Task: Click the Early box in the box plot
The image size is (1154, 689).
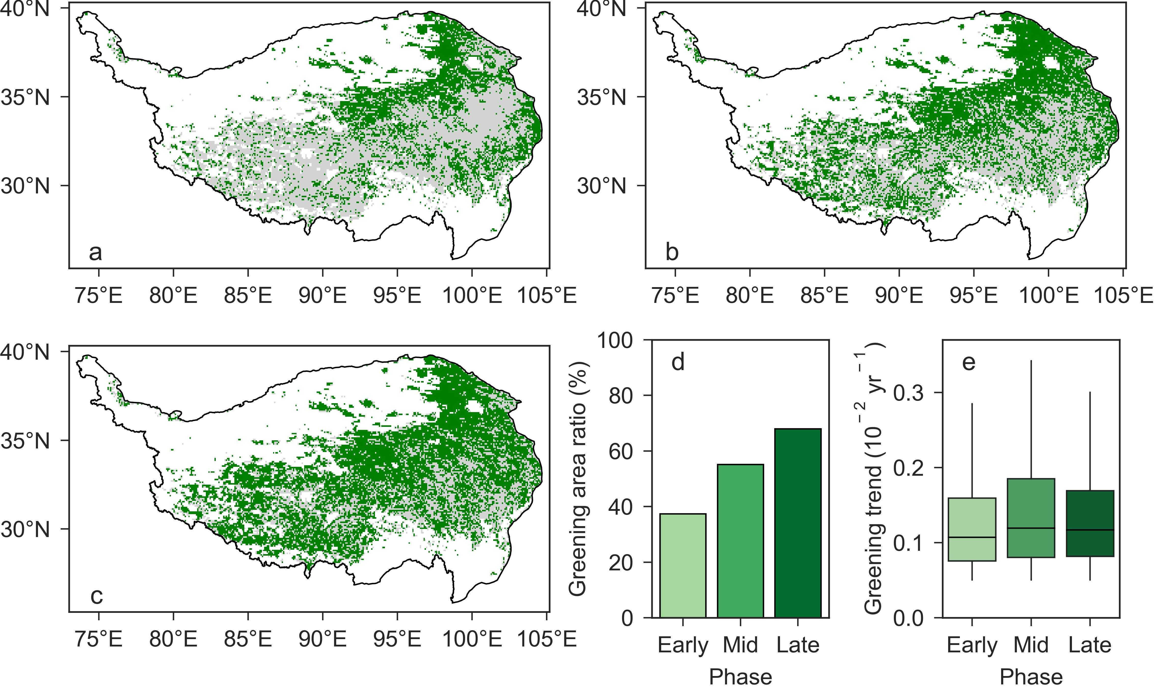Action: [972, 529]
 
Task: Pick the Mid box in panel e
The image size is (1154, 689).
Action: [1031, 518]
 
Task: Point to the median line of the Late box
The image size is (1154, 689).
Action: [1090, 530]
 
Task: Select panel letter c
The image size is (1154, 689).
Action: [96, 596]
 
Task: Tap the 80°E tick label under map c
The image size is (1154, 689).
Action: [173, 639]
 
